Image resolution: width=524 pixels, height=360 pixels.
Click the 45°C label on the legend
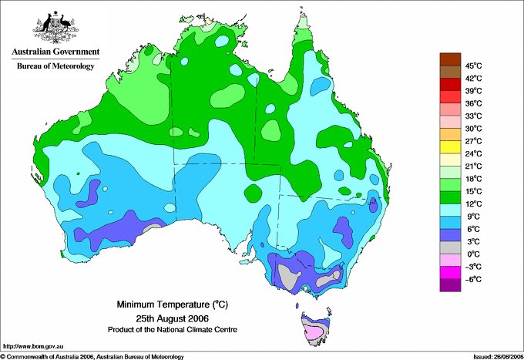474,66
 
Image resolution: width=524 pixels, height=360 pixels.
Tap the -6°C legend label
473,279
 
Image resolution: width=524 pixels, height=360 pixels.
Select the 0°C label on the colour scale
474,254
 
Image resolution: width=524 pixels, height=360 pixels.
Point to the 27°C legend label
474,141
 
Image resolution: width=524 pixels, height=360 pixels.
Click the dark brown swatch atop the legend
450,59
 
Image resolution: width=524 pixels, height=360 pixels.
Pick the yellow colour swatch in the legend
450,147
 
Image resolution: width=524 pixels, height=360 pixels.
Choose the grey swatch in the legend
450,247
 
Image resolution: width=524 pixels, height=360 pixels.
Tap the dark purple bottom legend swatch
450,285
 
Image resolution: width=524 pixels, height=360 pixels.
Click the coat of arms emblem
55,28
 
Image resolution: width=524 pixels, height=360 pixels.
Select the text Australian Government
55,52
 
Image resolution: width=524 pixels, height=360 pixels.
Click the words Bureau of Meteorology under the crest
55,66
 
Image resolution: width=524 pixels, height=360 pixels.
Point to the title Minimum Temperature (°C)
172,304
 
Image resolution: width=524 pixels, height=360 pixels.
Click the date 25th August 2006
172,318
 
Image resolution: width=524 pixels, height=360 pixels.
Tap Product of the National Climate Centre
173,330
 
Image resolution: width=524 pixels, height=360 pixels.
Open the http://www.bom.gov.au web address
33,347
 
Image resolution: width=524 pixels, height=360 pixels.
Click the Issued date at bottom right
499,357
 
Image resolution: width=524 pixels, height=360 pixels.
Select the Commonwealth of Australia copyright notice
92,357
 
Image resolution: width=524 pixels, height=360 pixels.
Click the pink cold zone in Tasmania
314,332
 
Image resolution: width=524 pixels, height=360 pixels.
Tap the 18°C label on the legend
474,179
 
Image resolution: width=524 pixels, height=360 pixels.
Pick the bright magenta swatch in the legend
450,273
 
